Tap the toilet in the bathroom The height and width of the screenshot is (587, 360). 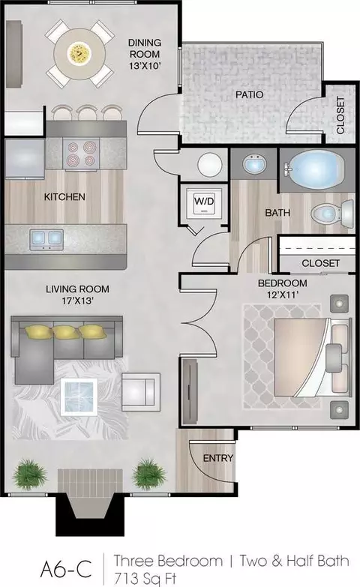(x=332, y=214)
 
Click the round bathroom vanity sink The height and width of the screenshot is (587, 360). (x=254, y=163)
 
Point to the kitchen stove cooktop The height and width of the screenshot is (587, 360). (x=82, y=153)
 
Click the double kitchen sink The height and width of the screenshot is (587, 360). (x=46, y=238)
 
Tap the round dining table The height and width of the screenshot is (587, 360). (x=79, y=53)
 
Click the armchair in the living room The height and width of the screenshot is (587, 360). (x=140, y=391)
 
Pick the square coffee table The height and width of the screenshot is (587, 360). (x=79, y=397)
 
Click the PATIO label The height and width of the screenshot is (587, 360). (x=250, y=94)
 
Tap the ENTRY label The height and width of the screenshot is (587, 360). (x=218, y=458)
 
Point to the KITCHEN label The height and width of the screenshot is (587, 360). (x=64, y=196)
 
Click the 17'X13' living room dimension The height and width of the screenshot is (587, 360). (x=77, y=301)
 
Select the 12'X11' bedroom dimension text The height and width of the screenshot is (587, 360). (x=283, y=295)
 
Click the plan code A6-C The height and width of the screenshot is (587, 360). (x=66, y=571)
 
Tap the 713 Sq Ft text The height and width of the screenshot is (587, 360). (x=145, y=580)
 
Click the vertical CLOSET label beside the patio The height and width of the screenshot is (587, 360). (x=340, y=115)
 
